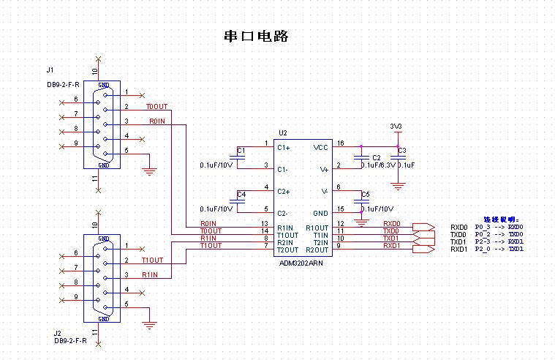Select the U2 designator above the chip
tap(283, 133)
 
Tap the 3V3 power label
tap(397, 126)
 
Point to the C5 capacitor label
tap(366, 194)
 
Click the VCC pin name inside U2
tap(321, 147)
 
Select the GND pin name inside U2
tap(321, 213)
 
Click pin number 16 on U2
tap(339, 143)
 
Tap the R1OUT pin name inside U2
tap(317, 228)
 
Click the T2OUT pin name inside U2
tap(287, 250)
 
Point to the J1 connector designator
tap(50, 71)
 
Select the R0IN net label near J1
tap(157, 121)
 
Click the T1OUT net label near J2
tap(151, 260)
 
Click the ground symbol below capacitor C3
tap(398, 186)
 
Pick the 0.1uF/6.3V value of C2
tap(378, 165)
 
